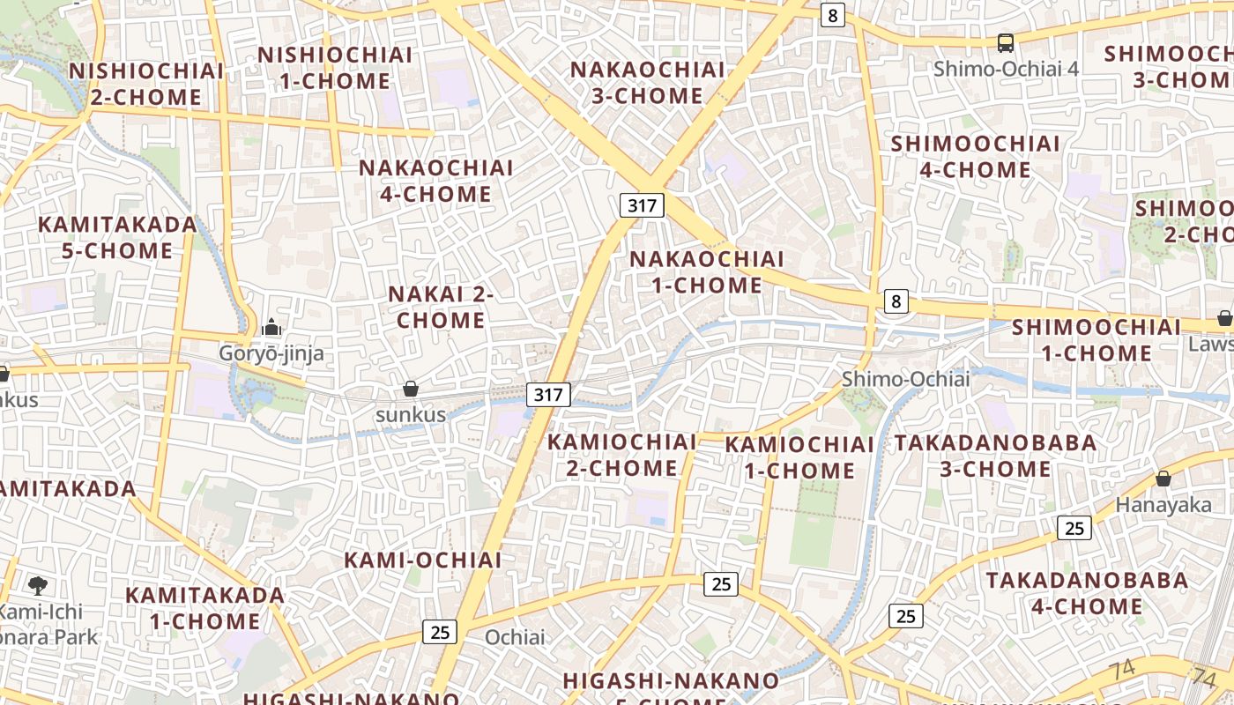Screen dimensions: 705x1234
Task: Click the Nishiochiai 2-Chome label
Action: tap(145, 84)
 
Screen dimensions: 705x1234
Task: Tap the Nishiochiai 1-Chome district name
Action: tap(335, 68)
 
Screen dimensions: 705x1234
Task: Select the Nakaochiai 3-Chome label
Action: tap(648, 82)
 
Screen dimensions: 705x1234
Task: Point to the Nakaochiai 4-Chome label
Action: tap(436, 181)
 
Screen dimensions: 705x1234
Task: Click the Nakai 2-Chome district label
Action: tap(441, 307)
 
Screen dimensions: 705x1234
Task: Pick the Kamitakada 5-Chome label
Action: tap(117, 237)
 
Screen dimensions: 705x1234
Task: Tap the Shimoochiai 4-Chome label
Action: tap(976, 156)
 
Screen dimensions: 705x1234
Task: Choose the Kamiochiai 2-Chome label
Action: tap(622, 455)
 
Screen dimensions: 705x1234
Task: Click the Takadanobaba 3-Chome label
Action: tap(996, 456)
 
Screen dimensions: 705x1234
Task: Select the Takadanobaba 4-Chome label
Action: tap(1087, 593)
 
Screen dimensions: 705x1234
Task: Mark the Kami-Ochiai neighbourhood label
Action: tap(423, 560)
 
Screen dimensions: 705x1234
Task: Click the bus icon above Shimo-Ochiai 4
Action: tap(1005, 42)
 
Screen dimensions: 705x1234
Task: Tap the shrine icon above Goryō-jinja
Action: tap(271, 329)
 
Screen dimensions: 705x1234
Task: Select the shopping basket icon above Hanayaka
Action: tap(1163, 479)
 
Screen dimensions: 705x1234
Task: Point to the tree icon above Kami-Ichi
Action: tap(38, 585)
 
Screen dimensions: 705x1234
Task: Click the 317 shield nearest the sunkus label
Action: tap(548, 394)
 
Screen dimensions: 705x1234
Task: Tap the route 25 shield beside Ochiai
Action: tap(440, 631)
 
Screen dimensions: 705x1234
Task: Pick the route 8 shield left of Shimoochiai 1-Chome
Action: tap(896, 301)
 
